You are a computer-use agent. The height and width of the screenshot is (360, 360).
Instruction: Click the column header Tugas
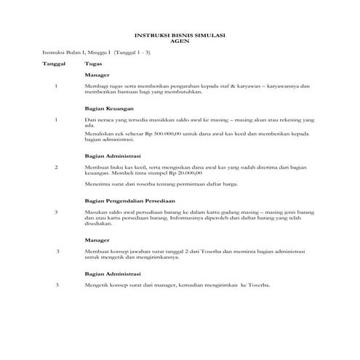(92, 63)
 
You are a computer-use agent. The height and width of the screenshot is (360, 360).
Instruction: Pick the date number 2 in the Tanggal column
(57, 167)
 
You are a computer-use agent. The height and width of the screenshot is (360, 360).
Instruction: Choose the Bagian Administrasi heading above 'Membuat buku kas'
(112, 156)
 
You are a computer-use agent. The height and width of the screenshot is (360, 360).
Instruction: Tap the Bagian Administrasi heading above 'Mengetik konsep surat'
(112, 273)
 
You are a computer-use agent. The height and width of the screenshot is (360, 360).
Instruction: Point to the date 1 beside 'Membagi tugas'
(57, 87)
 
